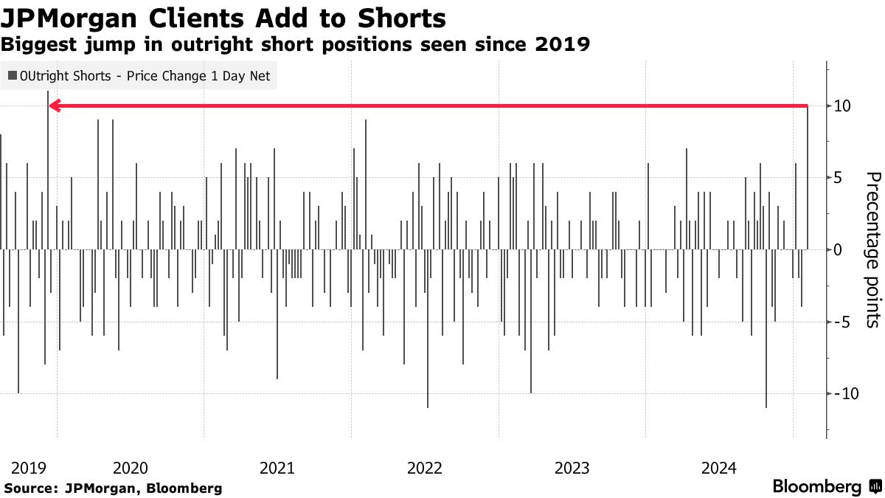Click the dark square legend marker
(x=12, y=76)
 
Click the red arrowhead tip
(x=51, y=106)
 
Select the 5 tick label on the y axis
(x=838, y=178)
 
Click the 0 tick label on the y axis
(x=838, y=249)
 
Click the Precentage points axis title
(x=872, y=249)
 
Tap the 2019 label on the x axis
(x=29, y=468)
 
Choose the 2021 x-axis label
(x=277, y=468)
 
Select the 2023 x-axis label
(x=572, y=468)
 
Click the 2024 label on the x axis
(x=719, y=468)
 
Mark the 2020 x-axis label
(x=131, y=468)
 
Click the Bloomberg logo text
(x=817, y=487)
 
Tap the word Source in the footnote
(x=30, y=488)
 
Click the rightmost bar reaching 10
(x=808, y=177)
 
